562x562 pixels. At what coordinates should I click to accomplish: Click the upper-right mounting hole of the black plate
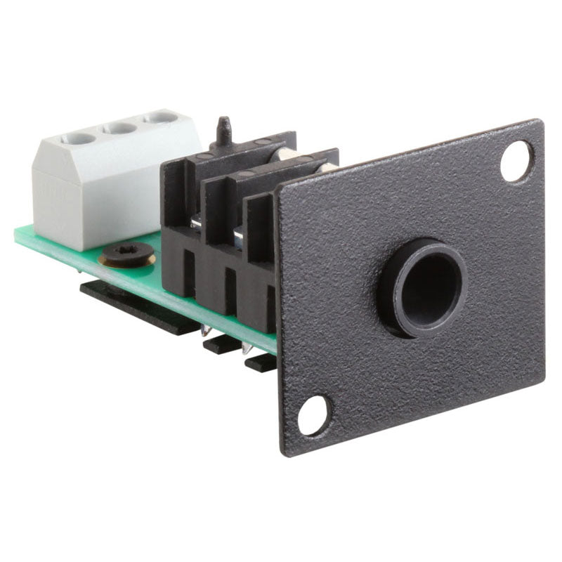pyautogui.click(x=517, y=161)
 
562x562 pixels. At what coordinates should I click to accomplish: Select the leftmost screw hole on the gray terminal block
pyautogui.click(x=78, y=138)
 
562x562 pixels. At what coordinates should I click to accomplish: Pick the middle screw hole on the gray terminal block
pyautogui.click(x=121, y=128)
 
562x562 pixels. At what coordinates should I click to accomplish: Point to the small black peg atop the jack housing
pyautogui.click(x=224, y=130)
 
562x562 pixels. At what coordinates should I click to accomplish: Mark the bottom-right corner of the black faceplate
pyautogui.click(x=542, y=376)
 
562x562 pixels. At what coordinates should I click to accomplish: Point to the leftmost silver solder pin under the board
pyautogui.click(x=206, y=331)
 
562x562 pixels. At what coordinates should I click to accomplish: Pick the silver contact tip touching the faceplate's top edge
pyautogui.click(x=326, y=167)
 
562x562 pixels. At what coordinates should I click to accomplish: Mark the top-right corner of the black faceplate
pyautogui.click(x=540, y=122)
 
